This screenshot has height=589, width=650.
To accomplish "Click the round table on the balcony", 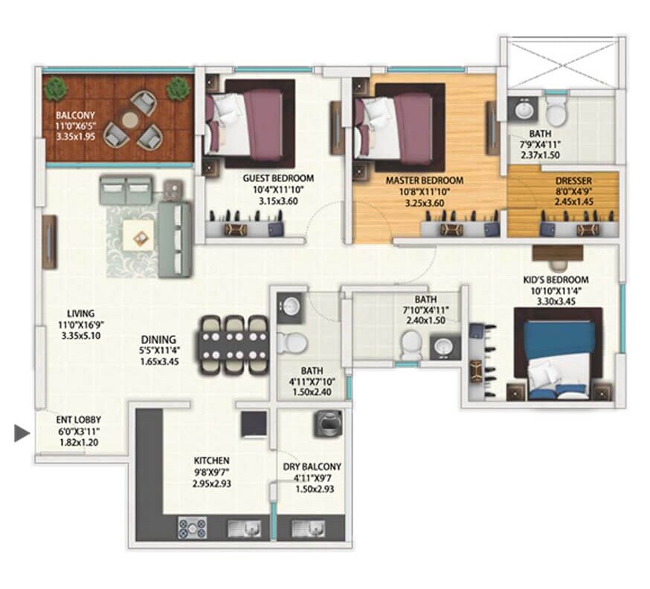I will pos(130,119).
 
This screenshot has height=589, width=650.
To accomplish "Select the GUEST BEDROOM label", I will pos(278,178).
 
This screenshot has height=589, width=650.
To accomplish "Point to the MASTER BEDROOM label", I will pos(424,180).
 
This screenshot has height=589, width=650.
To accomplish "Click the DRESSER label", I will pos(573,180).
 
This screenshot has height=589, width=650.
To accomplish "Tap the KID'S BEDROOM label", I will pos(557,280).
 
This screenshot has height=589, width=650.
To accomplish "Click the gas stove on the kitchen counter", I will pos(192,528).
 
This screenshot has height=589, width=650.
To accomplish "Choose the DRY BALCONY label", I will pos(312,466).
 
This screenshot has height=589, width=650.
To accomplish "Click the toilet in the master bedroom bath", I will pos(554,112).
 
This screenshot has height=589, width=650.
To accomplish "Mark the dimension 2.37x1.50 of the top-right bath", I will pos(539,155).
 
